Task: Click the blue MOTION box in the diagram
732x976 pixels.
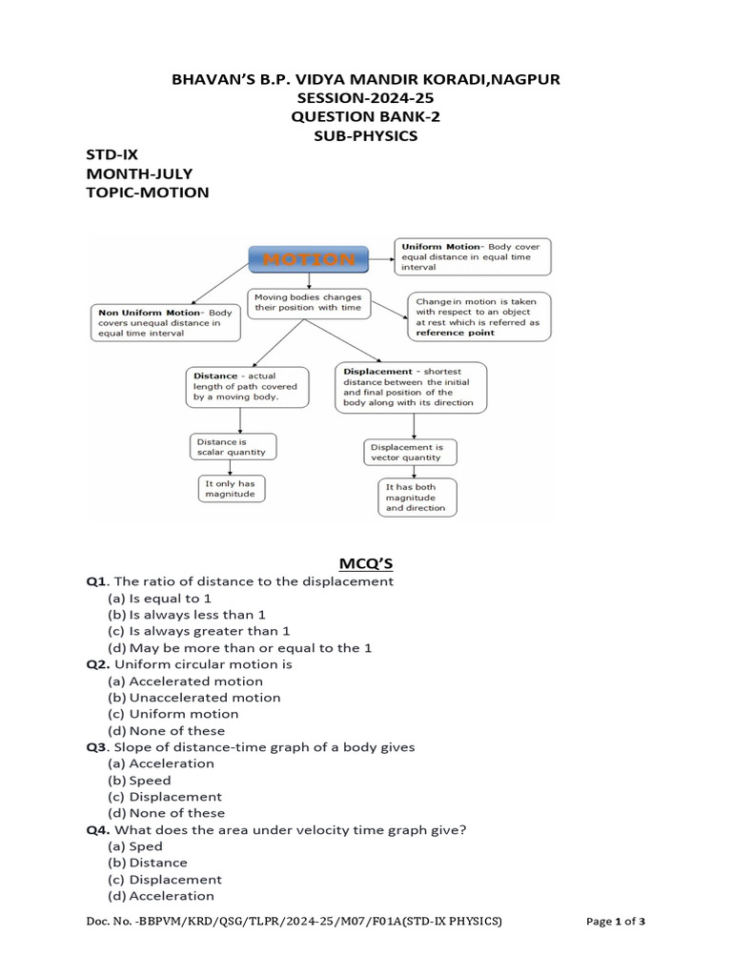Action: click(309, 259)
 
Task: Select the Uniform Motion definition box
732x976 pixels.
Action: click(472, 256)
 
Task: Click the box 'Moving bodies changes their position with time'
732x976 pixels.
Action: click(308, 302)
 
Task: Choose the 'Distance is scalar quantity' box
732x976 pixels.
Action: click(233, 447)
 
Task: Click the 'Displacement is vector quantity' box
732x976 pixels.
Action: click(411, 452)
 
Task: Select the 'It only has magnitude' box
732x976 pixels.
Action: click(232, 489)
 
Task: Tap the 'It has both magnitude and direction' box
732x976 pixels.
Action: click(417, 497)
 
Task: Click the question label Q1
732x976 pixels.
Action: click(97, 581)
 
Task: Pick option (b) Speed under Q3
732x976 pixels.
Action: click(139, 780)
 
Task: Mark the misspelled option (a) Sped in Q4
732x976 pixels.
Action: click(135, 846)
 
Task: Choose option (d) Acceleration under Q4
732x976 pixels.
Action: click(160, 896)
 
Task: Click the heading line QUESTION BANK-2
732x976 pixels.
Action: click(366, 116)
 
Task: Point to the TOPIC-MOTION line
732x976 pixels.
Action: click(147, 193)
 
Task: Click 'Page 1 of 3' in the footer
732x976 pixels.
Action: click(614, 922)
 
